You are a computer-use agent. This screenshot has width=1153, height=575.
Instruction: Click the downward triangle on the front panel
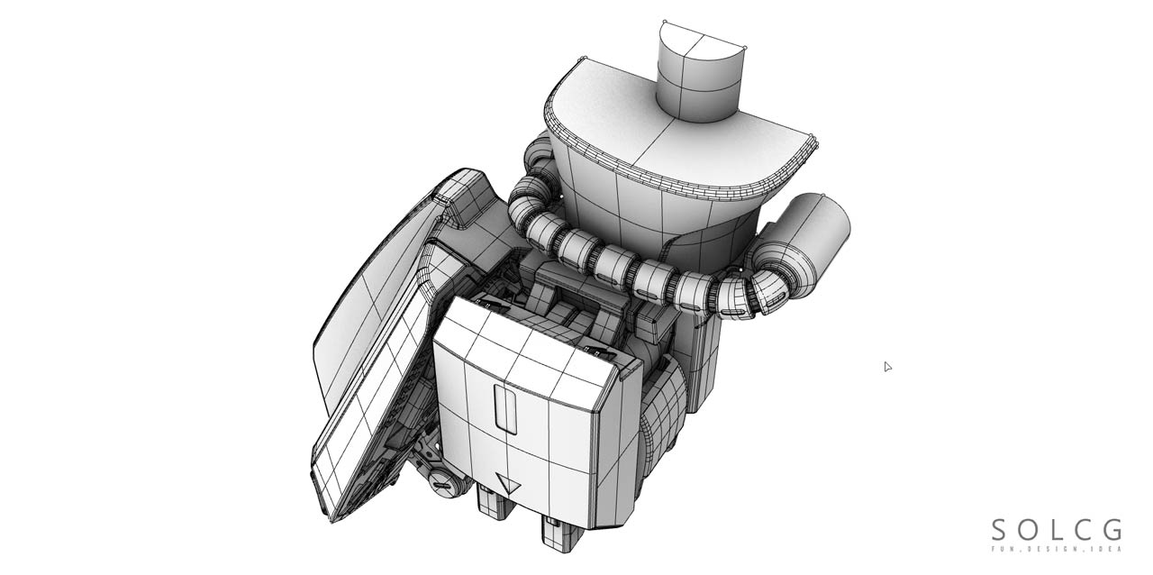click(x=509, y=484)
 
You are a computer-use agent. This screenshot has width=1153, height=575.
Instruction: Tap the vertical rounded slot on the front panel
click(x=506, y=406)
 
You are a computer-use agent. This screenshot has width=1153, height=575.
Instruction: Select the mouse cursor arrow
click(x=887, y=366)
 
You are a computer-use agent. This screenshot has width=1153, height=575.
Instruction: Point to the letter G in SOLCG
click(x=1112, y=530)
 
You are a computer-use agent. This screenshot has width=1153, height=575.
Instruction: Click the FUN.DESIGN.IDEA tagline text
click(x=1057, y=549)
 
